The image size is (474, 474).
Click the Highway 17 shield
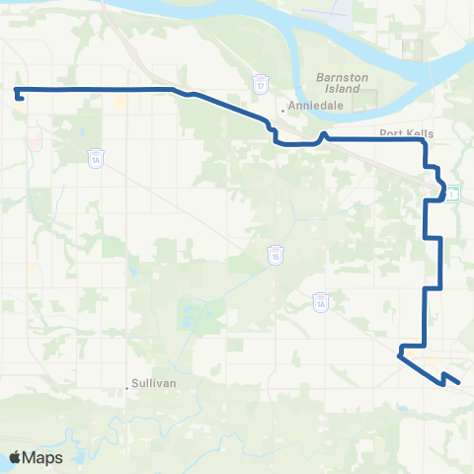pos(260,85)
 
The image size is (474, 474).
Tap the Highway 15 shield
pos(276,256)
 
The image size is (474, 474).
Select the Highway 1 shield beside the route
pos(451,195)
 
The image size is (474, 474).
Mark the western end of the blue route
pos(17,92)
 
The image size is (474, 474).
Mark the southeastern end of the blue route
pos(459,377)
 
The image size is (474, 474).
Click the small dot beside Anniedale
pos(282,110)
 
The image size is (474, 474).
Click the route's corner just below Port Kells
pos(424,142)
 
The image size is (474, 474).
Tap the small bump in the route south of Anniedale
pos(323,134)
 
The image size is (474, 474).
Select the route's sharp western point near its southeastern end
pos(400,355)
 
